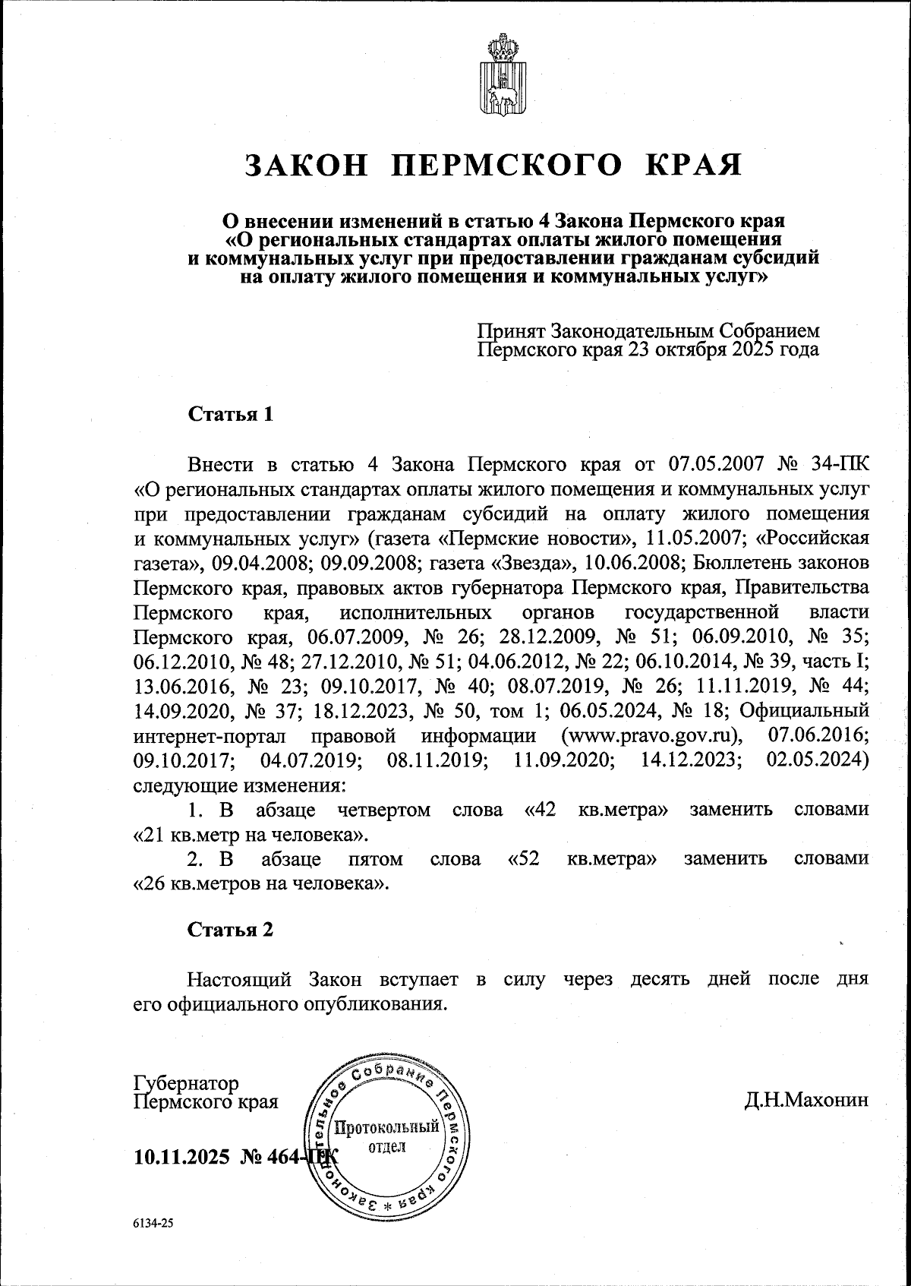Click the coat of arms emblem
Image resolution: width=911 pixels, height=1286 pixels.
tap(502, 74)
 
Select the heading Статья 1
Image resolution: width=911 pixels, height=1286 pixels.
tap(230, 415)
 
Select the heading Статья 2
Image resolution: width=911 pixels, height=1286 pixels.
tap(230, 930)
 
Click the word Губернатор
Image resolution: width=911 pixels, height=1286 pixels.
tap(186, 1082)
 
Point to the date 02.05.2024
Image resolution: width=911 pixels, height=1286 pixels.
tap(818, 760)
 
